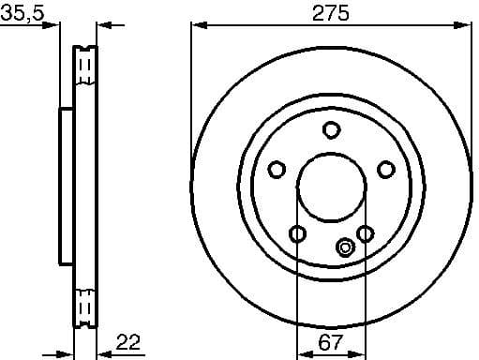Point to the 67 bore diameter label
(331, 343)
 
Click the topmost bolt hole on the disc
(331, 129)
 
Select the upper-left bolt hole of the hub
(276, 170)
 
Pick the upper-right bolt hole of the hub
(386, 170)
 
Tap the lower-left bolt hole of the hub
(297, 233)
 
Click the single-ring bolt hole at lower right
(365, 232)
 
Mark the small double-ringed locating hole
(344, 247)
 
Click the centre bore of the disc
(331, 187)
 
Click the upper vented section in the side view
(85, 68)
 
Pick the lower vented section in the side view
(85, 305)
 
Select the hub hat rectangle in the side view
(67, 187)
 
